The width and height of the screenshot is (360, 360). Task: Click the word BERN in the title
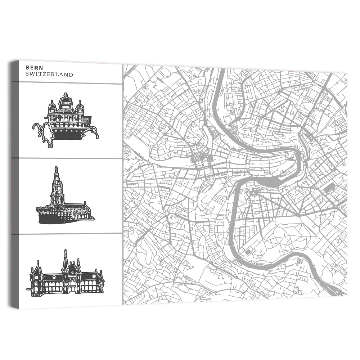[32, 68]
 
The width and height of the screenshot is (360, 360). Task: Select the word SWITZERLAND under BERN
[49, 75]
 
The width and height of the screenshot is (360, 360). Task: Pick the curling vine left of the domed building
[40, 131]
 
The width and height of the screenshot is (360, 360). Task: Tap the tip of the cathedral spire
[56, 168]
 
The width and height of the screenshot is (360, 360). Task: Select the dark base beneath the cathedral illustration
[58, 219]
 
